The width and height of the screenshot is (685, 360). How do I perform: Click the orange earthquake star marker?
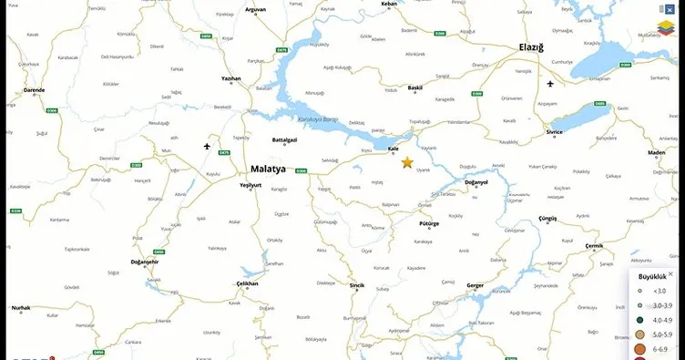pyautogui.click(x=406, y=162)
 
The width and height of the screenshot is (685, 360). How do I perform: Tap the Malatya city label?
pyautogui.click(x=268, y=169)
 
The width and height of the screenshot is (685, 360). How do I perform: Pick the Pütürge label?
pyautogui.click(x=428, y=221)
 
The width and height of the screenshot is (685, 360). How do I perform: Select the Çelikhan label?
pyautogui.click(x=248, y=283)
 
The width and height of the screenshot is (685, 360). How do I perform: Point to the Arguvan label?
pyautogui.click(x=255, y=9)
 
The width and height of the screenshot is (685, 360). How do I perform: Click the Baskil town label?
pyautogui.click(x=415, y=87)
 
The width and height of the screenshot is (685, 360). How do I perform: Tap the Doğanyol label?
pyautogui.click(x=476, y=181)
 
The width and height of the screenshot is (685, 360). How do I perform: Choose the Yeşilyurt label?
pyautogui.click(x=250, y=184)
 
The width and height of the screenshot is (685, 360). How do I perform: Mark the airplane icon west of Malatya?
pyautogui.click(x=207, y=146)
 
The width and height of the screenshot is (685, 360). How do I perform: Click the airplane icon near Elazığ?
pyautogui.click(x=550, y=84)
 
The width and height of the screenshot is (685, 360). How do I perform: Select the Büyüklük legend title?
pyautogui.click(x=653, y=275)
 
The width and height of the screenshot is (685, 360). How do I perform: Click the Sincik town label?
pyautogui.click(x=357, y=285)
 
